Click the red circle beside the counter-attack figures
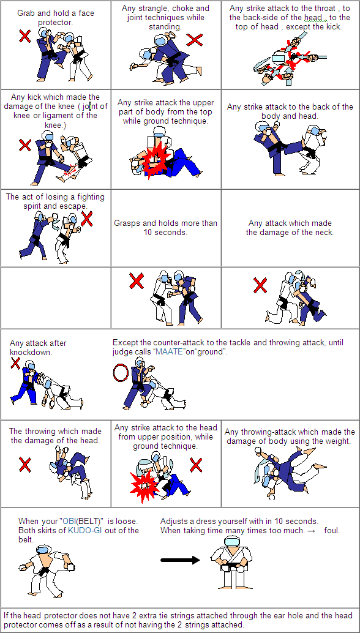click(120, 373)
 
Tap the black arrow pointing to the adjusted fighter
click(180, 560)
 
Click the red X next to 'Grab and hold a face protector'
click(25, 36)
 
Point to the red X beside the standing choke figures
click(195, 40)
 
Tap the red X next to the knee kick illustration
click(25, 145)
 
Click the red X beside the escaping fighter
click(87, 219)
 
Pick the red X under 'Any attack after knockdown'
click(15, 363)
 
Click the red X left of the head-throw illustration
click(25, 465)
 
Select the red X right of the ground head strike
click(196, 465)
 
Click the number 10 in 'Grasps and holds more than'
click(148, 233)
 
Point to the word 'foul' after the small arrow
click(332, 530)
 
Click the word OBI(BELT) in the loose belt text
click(82, 521)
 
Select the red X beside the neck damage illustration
click(260, 285)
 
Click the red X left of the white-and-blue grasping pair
click(137, 280)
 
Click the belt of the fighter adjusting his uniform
click(232, 564)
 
